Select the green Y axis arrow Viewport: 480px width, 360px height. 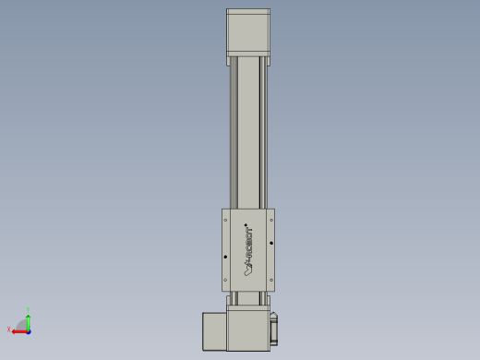(x=29, y=318)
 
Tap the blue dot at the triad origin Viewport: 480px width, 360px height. (x=28, y=329)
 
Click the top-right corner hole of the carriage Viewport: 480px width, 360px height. (x=271, y=221)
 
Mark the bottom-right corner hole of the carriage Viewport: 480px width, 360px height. (x=271, y=280)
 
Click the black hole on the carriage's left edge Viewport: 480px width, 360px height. (x=226, y=258)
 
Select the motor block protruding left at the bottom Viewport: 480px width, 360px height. (x=213, y=330)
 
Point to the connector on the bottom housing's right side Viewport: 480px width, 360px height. (x=274, y=330)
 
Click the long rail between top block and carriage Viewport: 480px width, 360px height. (x=249, y=138)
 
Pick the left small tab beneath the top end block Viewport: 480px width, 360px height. (x=229, y=61)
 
